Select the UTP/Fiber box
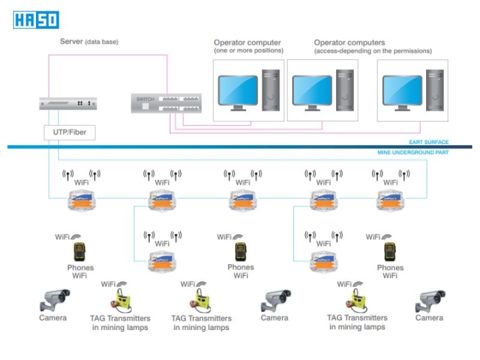click(x=69, y=133)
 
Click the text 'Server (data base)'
click(x=89, y=41)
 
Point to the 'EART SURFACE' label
click(x=429, y=142)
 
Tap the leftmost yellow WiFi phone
click(x=80, y=252)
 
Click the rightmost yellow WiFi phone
click(x=390, y=252)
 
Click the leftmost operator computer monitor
click(x=238, y=92)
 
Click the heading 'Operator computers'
click(x=349, y=43)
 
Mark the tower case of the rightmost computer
click(x=436, y=93)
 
